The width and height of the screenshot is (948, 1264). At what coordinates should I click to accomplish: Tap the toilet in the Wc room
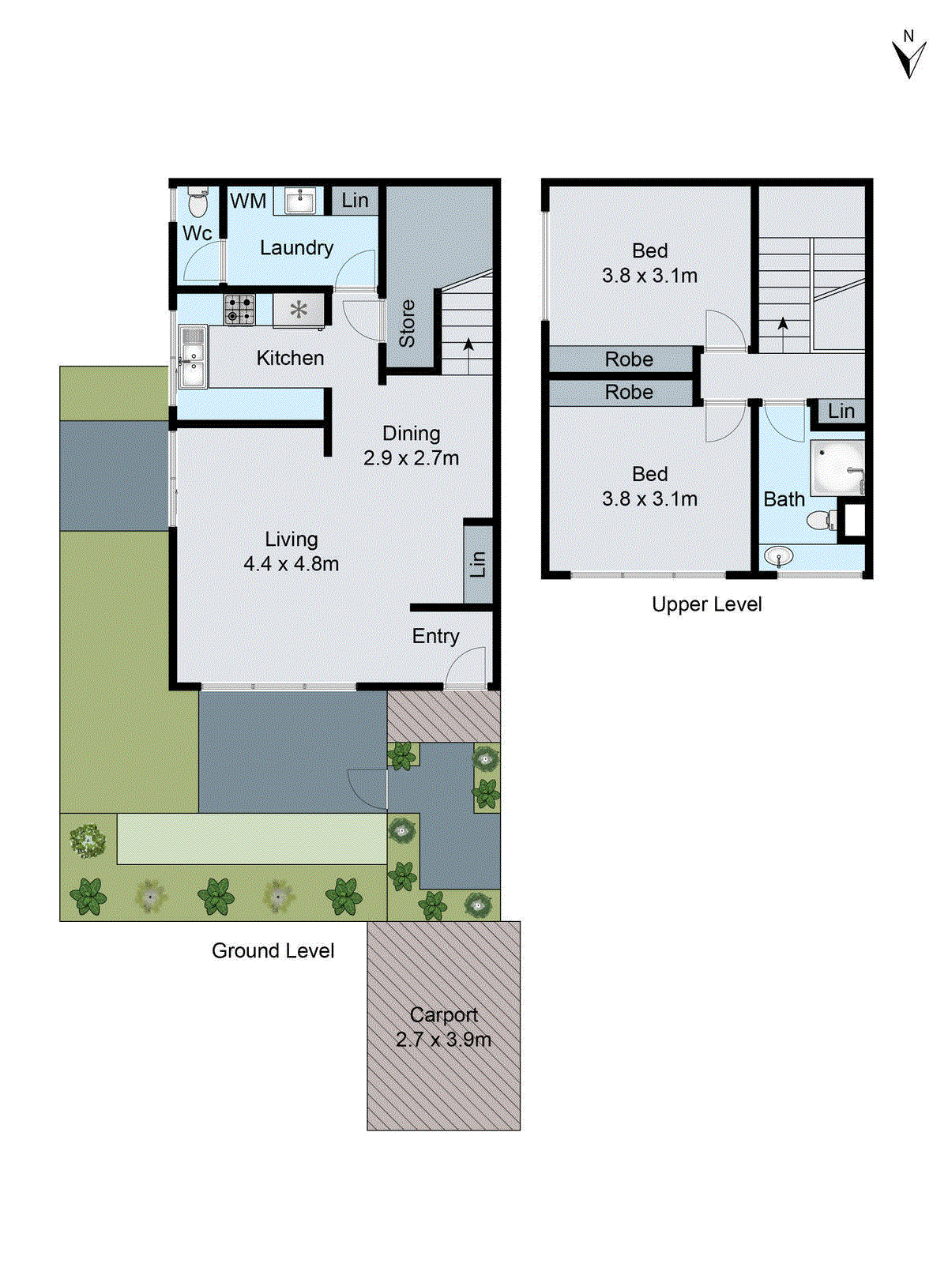pos(197,203)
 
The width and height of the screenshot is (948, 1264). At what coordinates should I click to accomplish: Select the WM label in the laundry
pos(248,201)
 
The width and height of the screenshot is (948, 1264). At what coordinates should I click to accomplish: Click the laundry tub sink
pos(299,201)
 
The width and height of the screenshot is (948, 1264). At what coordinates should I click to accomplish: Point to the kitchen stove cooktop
pos(239,309)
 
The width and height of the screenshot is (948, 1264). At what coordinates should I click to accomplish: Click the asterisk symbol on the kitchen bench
pos(299,310)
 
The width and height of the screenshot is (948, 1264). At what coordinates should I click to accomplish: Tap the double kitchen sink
pos(193,357)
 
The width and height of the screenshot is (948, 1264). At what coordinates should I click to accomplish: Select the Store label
pos(407,323)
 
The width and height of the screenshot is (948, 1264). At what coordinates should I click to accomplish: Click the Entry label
pos(435,636)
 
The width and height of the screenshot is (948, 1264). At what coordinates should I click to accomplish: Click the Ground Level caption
pos(273,950)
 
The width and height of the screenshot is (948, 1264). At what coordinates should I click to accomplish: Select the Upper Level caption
pos(706,604)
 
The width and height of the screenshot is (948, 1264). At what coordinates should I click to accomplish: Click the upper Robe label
pos(629,359)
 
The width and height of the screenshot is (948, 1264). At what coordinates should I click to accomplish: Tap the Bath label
pos(784,499)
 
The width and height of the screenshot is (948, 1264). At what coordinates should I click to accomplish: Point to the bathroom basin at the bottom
pos(779,557)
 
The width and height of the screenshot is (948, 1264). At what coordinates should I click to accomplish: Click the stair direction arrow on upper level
pos(783,324)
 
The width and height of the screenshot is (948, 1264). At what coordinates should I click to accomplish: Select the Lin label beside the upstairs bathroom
pos(841,411)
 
